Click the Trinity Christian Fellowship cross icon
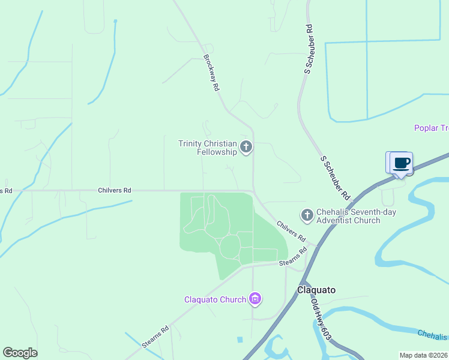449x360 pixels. pos(246,146)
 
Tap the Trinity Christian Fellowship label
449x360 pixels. pos(208,148)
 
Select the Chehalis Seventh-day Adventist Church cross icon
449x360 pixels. pos(307,214)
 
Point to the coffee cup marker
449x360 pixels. pos(401,163)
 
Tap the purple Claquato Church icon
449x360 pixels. pos(255,299)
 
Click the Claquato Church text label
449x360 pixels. pos(215,299)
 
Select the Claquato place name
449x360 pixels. pos(316,290)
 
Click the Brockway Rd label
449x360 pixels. pos(211,73)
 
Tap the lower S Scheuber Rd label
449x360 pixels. pos(335,178)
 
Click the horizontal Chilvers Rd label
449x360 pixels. pos(114,190)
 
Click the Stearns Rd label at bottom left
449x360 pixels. pos(155,337)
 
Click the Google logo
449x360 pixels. pos(20,353)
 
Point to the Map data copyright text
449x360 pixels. pos(424,355)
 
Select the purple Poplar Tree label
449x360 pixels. pos(431,128)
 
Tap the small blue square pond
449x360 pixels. pos(240,340)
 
